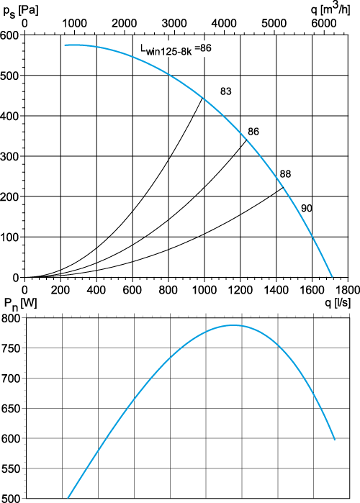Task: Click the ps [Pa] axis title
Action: pyautogui.click(x=21, y=11)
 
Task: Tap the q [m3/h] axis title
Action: pyautogui.click(x=330, y=9)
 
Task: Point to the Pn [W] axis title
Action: pyautogui.click(x=20, y=304)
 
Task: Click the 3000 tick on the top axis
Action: pyautogui.click(x=174, y=24)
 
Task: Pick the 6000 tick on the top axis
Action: pyautogui.click(x=323, y=24)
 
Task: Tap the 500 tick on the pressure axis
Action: pyautogui.click(x=10, y=76)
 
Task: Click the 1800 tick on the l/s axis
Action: pyautogui.click(x=348, y=290)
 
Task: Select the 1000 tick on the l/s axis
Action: pyautogui.click(x=204, y=290)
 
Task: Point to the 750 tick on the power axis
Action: pyautogui.click(x=11, y=348)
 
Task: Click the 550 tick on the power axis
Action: pyautogui.click(x=11, y=468)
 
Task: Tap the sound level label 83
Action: pyautogui.click(x=225, y=91)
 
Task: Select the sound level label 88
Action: pyautogui.click(x=285, y=174)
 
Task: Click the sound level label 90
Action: pyautogui.click(x=307, y=209)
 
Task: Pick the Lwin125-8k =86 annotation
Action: pyautogui.click(x=176, y=50)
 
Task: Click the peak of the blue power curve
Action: pyautogui.click(x=233, y=325)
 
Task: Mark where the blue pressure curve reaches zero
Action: pyautogui.click(x=333, y=278)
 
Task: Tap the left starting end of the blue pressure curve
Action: pyautogui.click(x=65, y=45)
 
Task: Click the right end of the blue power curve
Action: pyautogui.click(x=335, y=440)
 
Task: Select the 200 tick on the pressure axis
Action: pyautogui.click(x=10, y=196)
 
